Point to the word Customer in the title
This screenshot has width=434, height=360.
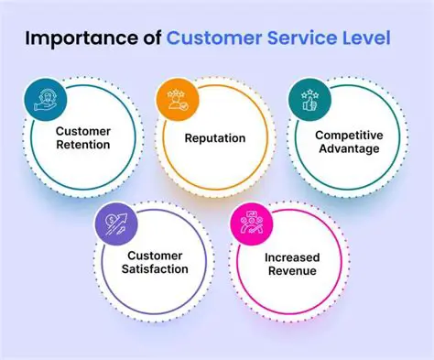218,40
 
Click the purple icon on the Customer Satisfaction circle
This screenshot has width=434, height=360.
113,222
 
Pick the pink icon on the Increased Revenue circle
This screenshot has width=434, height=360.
248,222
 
